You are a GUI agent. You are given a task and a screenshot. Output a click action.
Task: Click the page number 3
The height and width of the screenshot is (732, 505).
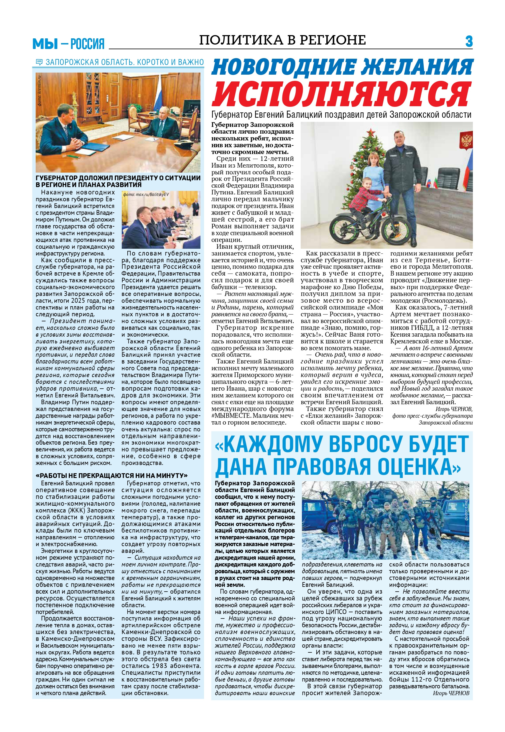click(469, 42)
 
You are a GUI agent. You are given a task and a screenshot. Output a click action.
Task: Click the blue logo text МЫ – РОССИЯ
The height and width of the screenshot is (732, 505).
click(68, 44)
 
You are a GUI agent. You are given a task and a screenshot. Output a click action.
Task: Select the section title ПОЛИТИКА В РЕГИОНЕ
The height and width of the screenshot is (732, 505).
click(282, 40)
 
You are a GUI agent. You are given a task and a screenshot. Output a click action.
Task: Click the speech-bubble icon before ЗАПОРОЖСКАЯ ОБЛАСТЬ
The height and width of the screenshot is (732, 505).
click(39, 62)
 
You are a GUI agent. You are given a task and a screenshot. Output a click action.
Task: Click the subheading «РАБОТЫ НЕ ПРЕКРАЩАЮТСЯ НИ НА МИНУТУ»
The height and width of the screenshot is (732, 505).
click(112, 476)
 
